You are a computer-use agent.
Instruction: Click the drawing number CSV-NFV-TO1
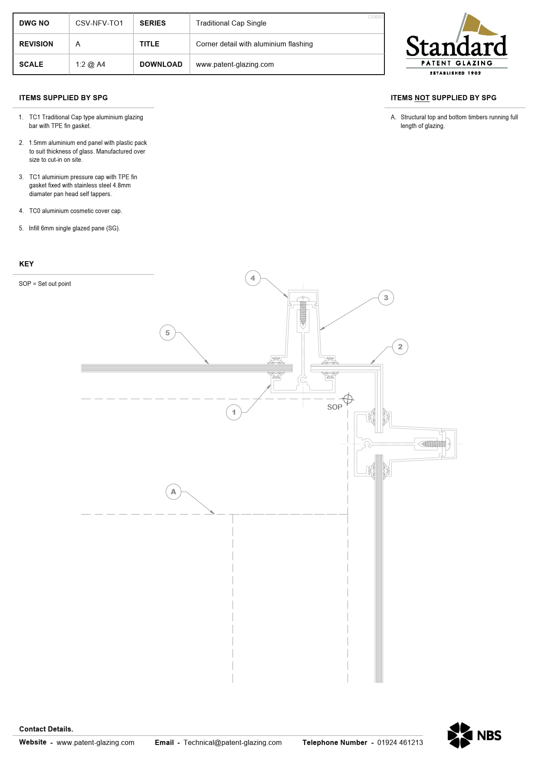tap(99, 23)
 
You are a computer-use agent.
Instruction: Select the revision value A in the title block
tap(78, 44)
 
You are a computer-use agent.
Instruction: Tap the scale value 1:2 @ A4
tap(90, 64)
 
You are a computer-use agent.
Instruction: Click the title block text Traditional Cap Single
tap(231, 23)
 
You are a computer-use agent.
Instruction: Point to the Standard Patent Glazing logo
tap(456, 44)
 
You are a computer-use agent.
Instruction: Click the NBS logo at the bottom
tap(474, 735)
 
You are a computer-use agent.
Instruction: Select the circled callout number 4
tap(253, 278)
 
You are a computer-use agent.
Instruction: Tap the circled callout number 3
tap(386, 298)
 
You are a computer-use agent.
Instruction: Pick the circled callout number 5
tap(167, 333)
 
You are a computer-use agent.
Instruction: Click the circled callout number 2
tap(400, 347)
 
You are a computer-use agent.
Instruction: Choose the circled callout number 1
tap(234, 412)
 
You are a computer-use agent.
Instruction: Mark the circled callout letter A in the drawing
tap(174, 492)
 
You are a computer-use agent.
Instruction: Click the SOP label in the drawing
tap(335, 407)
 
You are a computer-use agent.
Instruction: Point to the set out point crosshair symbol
tap(348, 399)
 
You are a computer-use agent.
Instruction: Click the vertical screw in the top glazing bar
tap(303, 311)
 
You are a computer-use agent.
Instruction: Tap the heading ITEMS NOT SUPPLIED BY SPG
tap(443, 98)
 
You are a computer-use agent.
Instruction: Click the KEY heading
tap(26, 264)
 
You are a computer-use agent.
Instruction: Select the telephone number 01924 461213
tap(400, 742)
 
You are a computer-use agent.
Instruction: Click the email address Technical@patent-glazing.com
tap(233, 742)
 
